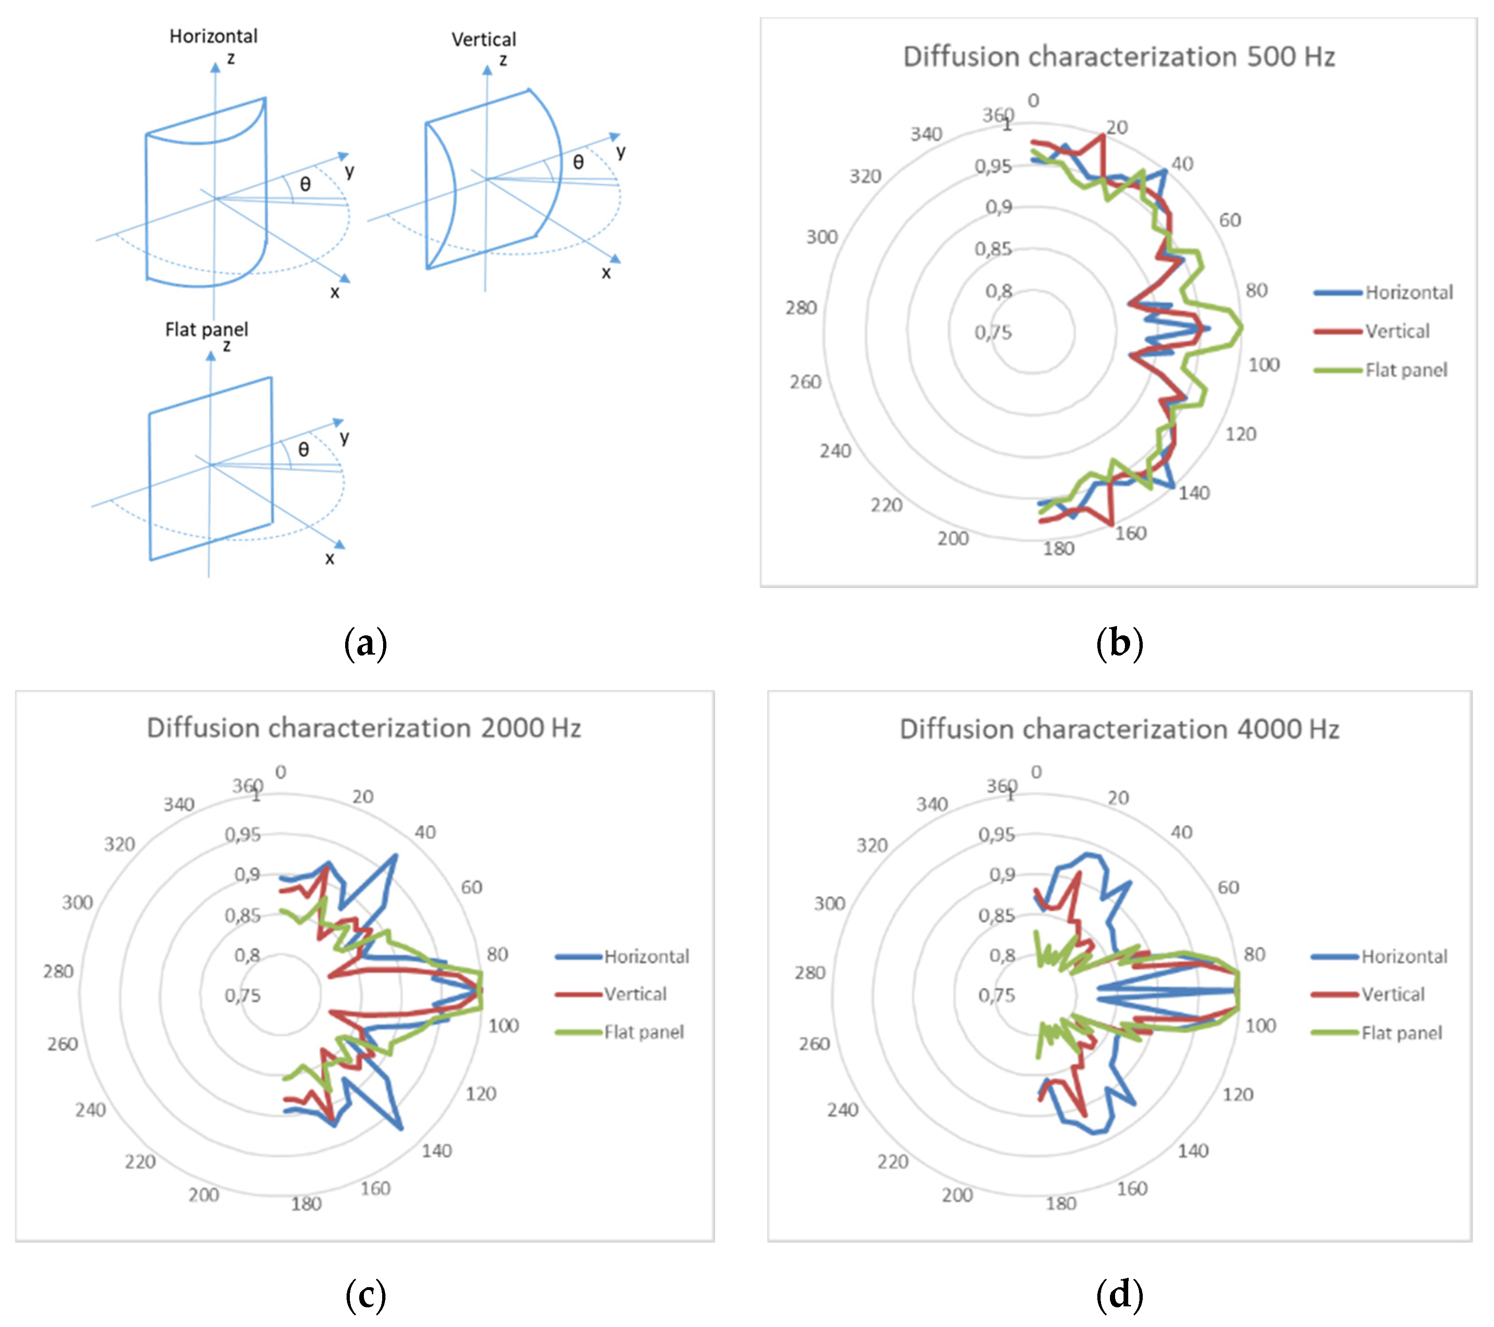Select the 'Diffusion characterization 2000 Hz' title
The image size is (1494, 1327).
(364, 728)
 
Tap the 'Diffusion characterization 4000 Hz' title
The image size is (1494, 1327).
(1119, 730)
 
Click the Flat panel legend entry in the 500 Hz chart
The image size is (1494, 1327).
(1405, 370)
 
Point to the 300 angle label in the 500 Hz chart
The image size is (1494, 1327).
(821, 237)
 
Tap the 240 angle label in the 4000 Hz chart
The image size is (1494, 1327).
(842, 1110)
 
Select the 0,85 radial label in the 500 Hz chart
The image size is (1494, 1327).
(992, 249)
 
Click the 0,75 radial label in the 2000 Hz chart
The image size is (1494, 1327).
(242, 996)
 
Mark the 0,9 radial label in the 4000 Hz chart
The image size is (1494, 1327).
(1002, 874)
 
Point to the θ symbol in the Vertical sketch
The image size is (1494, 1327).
(578, 162)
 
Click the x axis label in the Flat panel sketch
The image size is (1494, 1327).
(330, 559)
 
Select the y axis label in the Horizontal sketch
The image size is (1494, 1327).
(349, 171)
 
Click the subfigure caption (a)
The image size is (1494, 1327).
(365, 643)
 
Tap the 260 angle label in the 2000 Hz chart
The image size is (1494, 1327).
(62, 1044)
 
